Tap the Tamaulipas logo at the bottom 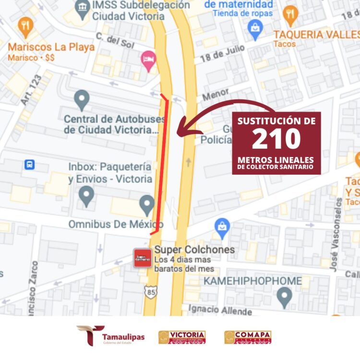click(x=111, y=336)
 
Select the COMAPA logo click(x=248, y=337)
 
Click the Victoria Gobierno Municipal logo click(x=182, y=337)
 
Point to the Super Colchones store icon click(x=143, y=258)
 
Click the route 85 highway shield click(x=151, y=292)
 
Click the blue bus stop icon click(x=30, y=165)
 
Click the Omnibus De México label click(x=116, y=224)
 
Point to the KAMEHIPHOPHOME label click(x=252, y=281)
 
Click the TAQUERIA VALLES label click(x=316, y=35)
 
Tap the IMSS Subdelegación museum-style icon click(x=83, y=7)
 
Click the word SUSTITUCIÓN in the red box click(x=277, y=121)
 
